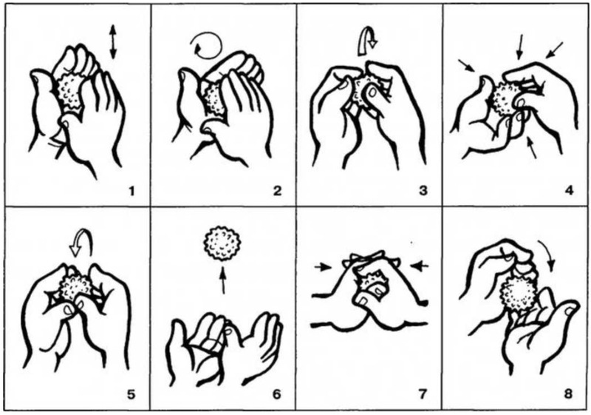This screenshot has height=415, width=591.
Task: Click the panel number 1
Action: [131, 192]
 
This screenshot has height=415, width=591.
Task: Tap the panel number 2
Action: [277, 192]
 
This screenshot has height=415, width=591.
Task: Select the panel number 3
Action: [423, 192]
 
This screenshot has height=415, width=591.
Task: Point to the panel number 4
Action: [569, 192]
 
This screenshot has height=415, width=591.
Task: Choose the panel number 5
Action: [131, 394]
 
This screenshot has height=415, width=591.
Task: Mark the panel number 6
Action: [277, 394]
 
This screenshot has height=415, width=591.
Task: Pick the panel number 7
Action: [423, 394]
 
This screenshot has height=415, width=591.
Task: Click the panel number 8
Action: [568, 394]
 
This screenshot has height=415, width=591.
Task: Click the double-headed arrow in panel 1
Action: [113, 42]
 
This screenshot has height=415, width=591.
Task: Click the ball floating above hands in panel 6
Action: [222, 244]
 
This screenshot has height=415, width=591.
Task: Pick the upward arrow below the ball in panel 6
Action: [223, 280]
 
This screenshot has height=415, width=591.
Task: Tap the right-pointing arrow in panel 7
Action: [323, 267]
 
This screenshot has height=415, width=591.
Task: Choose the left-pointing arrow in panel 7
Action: [420, 266]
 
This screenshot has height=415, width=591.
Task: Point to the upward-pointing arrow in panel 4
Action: [532, 148]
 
